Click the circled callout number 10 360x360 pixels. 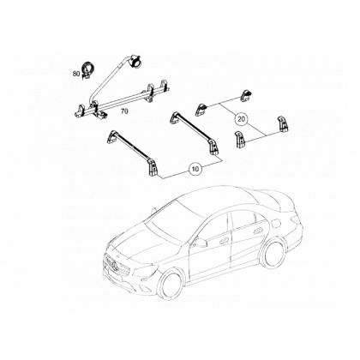(195, 169)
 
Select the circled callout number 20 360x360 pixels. (242, 119)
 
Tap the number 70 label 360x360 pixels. (124, 111)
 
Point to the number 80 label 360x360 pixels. (76, 74)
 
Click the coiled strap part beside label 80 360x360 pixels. (87, 70)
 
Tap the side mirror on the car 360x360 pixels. (201, 243)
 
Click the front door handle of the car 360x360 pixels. (223, 241)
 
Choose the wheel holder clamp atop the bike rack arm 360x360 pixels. (135, 61)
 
